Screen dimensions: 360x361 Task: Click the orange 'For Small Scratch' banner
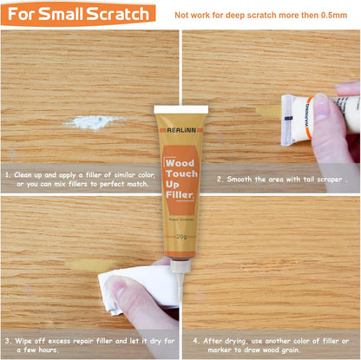(78, 13)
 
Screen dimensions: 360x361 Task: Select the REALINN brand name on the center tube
(180, 130)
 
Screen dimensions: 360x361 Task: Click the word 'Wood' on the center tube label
(180, 164)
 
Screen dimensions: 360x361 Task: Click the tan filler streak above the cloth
(91, 265)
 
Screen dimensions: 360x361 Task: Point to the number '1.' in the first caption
(7, 174)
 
